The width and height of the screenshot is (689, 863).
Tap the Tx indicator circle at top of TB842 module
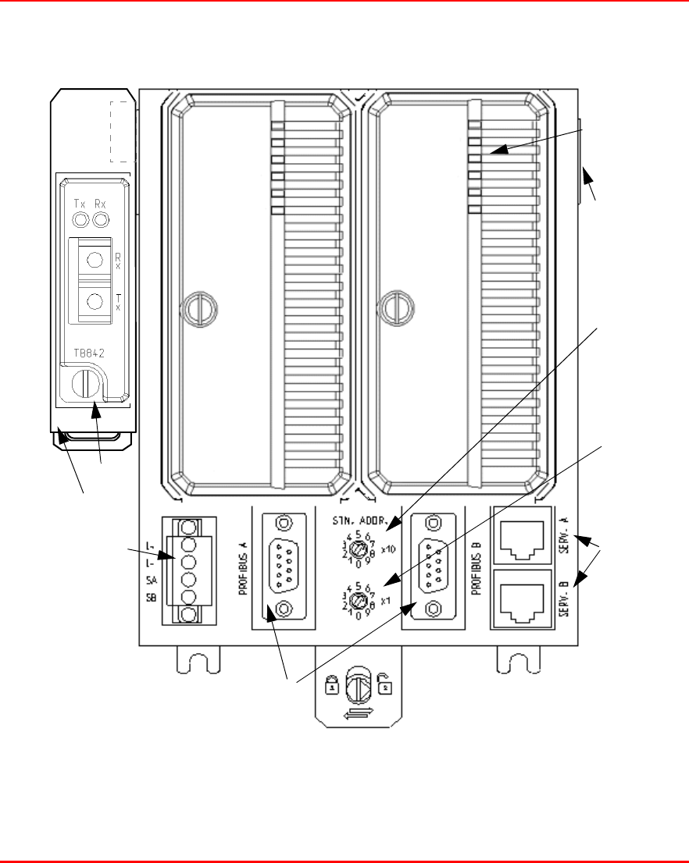(80, 221)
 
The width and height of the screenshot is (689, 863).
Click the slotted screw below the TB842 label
(84, 383)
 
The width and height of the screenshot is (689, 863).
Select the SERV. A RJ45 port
(521, 538)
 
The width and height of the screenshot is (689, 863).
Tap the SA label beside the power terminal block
(151, 580)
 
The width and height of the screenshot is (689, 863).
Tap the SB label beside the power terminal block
(151, 597)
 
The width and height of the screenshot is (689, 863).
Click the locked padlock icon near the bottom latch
(332, 687)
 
